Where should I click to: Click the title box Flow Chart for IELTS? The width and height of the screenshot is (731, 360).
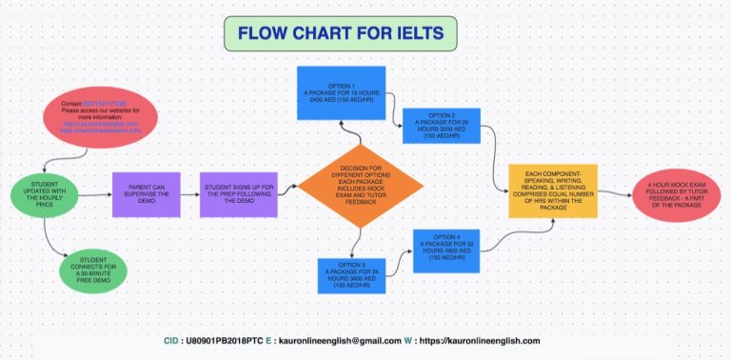click(340, 33)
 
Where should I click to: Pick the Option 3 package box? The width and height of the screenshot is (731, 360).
click(353, 276)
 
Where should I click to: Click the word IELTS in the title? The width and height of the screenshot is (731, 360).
click(415, 33)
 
